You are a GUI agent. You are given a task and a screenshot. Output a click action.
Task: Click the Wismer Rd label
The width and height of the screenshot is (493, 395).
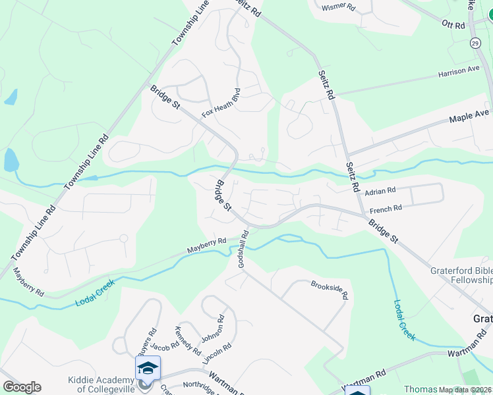338,7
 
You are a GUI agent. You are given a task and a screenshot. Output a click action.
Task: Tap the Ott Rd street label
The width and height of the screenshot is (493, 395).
453,25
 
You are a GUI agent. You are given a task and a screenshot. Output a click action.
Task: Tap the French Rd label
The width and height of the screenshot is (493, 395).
386,210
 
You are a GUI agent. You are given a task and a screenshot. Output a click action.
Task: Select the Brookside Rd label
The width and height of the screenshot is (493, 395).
329,288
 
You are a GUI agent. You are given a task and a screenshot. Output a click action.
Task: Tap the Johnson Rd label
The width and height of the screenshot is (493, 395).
213,329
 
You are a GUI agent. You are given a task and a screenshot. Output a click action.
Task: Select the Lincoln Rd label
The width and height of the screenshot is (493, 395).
217,354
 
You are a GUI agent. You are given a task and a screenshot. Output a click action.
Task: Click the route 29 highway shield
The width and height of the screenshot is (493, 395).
475,43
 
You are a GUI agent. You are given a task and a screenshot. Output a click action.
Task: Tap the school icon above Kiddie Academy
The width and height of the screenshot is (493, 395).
148,367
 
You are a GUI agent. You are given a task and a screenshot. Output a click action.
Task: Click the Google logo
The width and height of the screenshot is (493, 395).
22,386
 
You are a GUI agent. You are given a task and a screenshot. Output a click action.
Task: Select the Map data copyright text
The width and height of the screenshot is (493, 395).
465,390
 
